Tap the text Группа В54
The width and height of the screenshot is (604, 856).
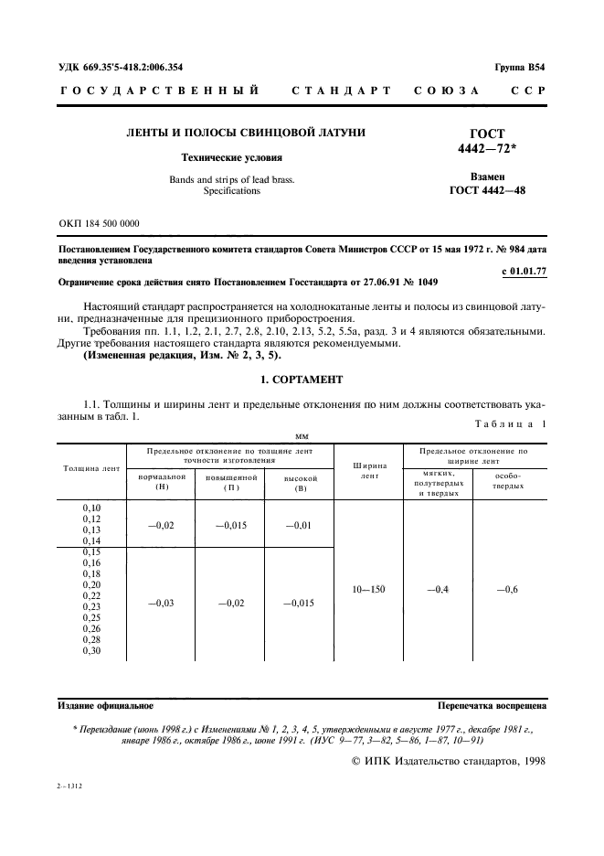pos(520,68)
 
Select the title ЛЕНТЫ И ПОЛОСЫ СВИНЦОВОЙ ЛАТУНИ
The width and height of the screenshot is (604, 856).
pos(245,133)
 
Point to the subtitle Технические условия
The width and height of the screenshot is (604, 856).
pos(245,157)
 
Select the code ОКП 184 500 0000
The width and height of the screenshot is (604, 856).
pos(99,222)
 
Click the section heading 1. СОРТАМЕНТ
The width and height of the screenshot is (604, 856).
pos(302,379)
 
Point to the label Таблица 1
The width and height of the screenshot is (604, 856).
pos(512,423)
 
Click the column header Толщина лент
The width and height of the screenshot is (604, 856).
pos(91,468)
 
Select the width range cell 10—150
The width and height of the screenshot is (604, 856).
pos(369,589)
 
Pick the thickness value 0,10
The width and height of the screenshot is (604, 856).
pos(92,507)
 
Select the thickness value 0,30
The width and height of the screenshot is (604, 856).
pos(92,650)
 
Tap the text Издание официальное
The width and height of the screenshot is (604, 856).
pos(106,706)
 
